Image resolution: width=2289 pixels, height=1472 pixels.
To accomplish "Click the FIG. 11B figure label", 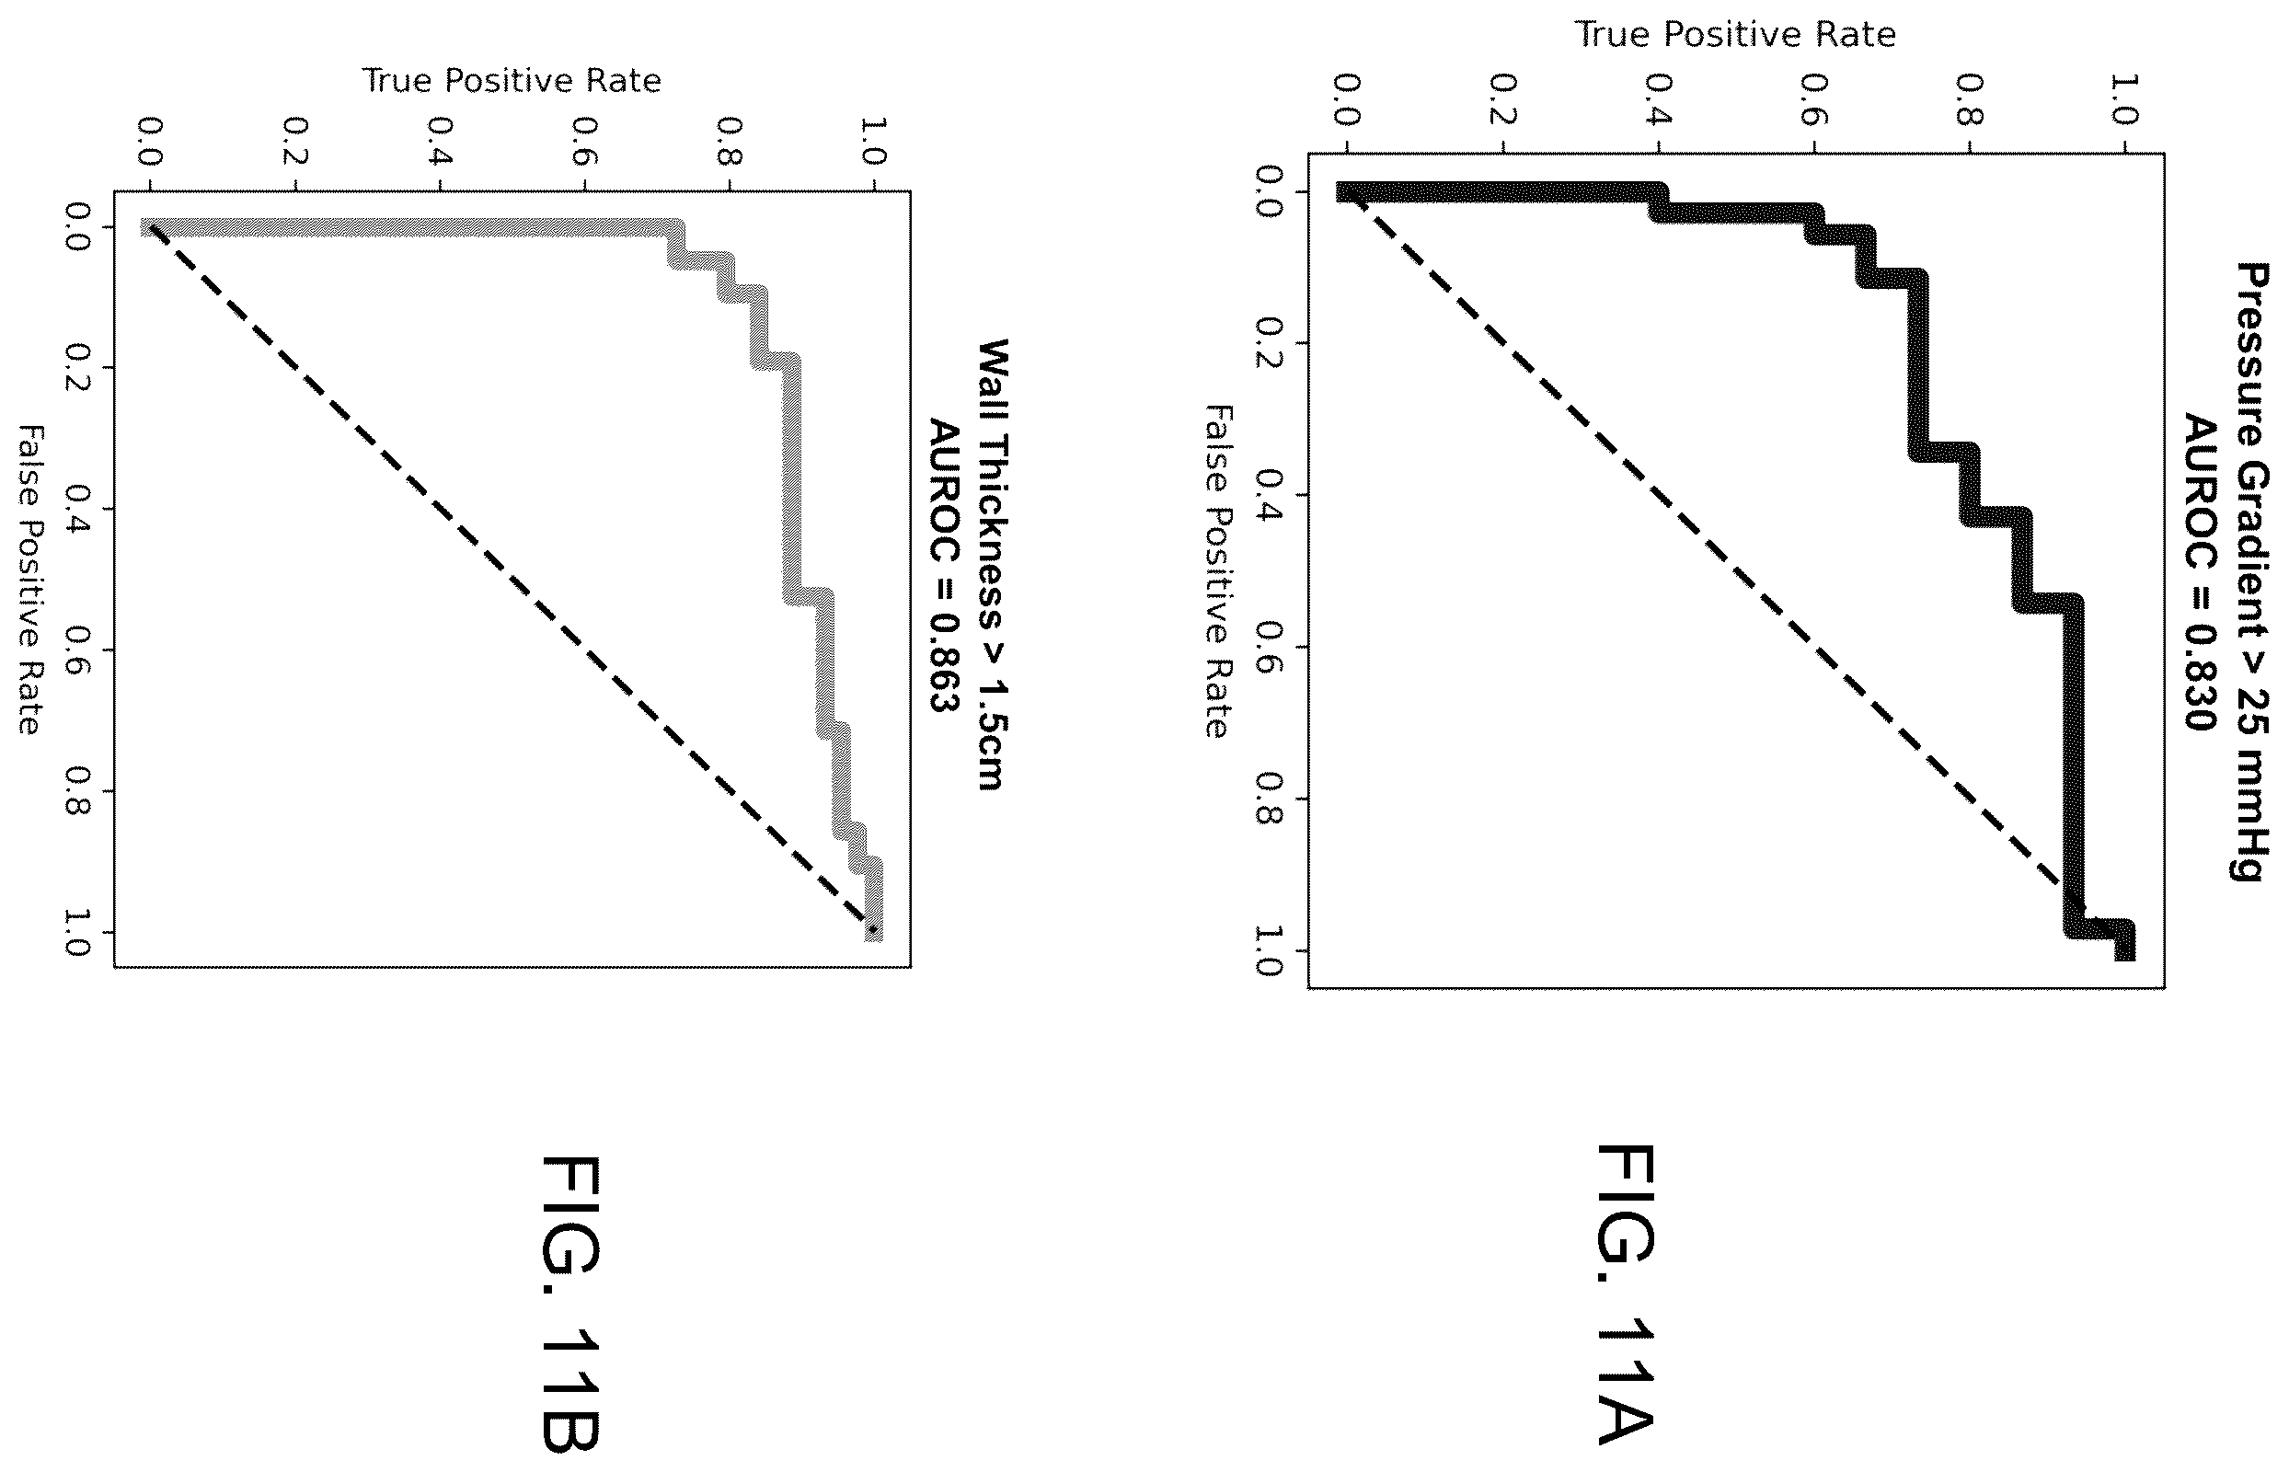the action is point(570,1304).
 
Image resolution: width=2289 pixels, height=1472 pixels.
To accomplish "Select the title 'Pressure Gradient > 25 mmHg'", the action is point(2250,571).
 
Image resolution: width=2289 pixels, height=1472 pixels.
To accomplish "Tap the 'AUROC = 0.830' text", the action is point(2200,571).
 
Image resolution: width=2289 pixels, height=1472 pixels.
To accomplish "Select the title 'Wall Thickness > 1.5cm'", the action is point(992,564).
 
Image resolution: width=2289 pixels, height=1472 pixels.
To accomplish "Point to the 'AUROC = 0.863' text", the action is point(943,565).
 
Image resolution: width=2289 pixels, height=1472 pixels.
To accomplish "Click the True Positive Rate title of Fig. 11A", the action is point(1734,34).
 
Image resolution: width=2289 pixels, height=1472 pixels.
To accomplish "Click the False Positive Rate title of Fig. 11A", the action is point(1216,571).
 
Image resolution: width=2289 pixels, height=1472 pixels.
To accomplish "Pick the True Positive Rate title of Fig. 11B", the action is point(512,80).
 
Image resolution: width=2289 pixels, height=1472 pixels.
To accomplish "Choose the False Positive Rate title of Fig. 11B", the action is point(29,581).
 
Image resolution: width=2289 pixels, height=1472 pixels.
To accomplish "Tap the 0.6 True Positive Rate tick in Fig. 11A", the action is point(1814,99).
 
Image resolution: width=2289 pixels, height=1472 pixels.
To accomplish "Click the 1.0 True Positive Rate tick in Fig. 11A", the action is point(2123,99).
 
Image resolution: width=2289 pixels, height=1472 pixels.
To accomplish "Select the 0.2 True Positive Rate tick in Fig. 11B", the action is point(295,141).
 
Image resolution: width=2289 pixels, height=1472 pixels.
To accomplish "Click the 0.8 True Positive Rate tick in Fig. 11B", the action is point(730,141).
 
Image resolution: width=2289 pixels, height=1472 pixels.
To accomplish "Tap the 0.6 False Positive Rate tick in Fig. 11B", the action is point(76,650).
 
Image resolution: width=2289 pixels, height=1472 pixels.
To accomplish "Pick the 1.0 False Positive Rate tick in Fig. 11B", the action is point(76,933).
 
